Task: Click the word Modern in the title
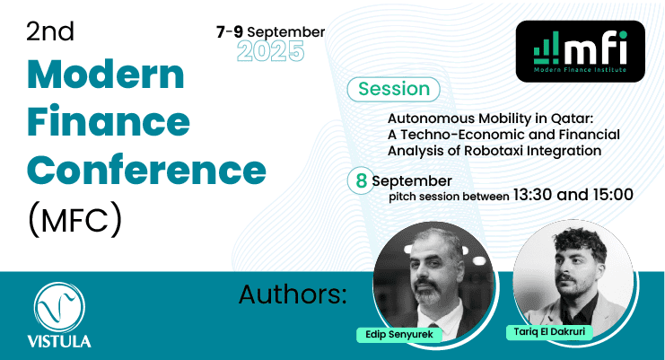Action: pyautogui.click(x=106, y=75)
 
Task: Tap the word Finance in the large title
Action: pyautogui.click(x=109, y=121)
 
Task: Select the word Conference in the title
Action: pyautogui.click(x=146, y=170)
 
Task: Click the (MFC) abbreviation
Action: pyautogui.click(x=74, y=219)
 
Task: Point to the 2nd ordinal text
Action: pyautogui.click(x=50, y=31)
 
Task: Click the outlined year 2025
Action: pyautogui.click(x=271, y=51)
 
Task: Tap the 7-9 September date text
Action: pyautogui.click(x=271, y=31)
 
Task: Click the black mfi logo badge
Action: pyautogui.click(x=580, y=51)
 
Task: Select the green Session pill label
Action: pyautogui.click(x=394, y=89)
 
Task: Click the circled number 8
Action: pyautogui.click(x=361, y=180)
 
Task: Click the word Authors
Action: pyautogui.click(x=293, y=294)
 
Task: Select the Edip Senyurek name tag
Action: pyautogui.click(x=399, y=335)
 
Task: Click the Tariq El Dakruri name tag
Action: pyautogui.click(x=549, y=331)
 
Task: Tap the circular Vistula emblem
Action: pyautogui.click(x=59, y=308)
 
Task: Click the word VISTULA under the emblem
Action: pyautogui.click(x=59, y=341)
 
